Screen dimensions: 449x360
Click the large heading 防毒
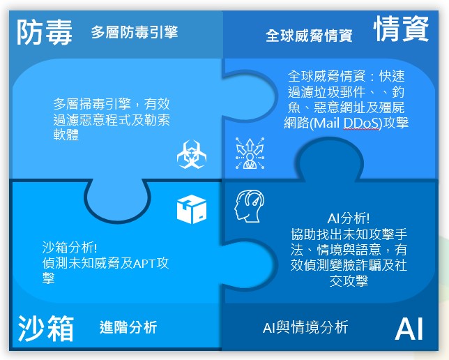pyautogui.click(x=44, y=33)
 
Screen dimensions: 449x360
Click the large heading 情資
pyautogui.click(x=401, y=29)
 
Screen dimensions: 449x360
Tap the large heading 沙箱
pyautogui.click(x=46, y=328)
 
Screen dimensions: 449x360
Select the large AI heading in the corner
pyautogui.click(x=409, y=329)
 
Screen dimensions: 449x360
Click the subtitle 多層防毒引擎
pyautogui.click(x=135, y=32)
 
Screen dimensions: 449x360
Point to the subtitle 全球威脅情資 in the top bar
pyautogui.click(x=309, y=36)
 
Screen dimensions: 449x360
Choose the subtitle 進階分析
pyautogui.click(x=128, y=327)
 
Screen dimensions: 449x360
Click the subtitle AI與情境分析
pyautogui.click(x=305, y=327)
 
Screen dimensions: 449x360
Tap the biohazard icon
pyautogui.click(x=192, y=154)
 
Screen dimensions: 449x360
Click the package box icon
pyautogui.click(x=192, y=209)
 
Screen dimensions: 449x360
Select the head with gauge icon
pyautogui.click(x=250, y=206)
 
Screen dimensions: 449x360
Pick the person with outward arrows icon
pyautogui.click(x=250, y=153)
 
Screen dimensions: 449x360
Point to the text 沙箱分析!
pyautogui.click(x=70, y=248)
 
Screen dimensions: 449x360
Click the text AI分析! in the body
pyautogui.click(x=348, y=218)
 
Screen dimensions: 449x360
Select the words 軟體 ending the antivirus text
pyautogui.click(x=66, y=135)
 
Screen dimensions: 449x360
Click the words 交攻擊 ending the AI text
pyautogui.click(x=349, y=281)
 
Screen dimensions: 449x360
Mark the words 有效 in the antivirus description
pyautogui.click(x=157, y=104)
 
